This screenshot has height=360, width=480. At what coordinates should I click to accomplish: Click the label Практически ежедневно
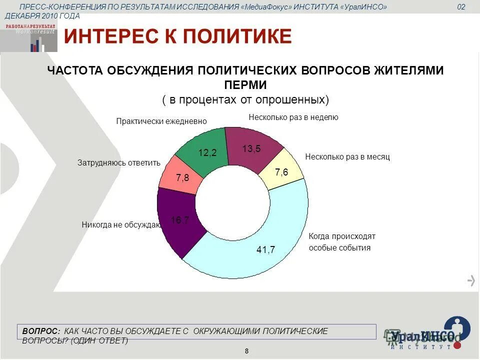pyautogui.click(x=161, y=121)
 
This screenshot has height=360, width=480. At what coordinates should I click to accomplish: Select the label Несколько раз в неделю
pyautogui.click(x=293, y=117)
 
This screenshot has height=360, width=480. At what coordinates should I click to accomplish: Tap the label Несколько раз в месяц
pyautogui.click(x=347, y=156)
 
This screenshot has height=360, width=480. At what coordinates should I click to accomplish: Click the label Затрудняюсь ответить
pyautogui.click(x=119, y=162)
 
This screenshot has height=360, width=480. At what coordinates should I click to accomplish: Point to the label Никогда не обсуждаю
pyautogui.click(x=120, y=225)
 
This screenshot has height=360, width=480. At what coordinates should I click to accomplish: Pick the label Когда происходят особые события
pyautogui.click(x=342, y=242)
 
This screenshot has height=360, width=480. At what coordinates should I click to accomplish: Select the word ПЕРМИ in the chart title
pyautogui.click(x=245, y=85)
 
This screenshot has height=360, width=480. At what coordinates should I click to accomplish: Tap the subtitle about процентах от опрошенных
pyautogui.click(x=245, y=99)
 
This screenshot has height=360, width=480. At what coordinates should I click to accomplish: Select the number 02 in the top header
pyautogui.click(x=461, y=7)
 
